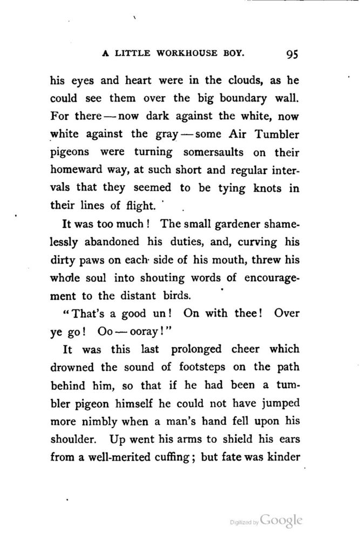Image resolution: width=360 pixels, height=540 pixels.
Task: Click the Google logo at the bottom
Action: coord(281,521)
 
